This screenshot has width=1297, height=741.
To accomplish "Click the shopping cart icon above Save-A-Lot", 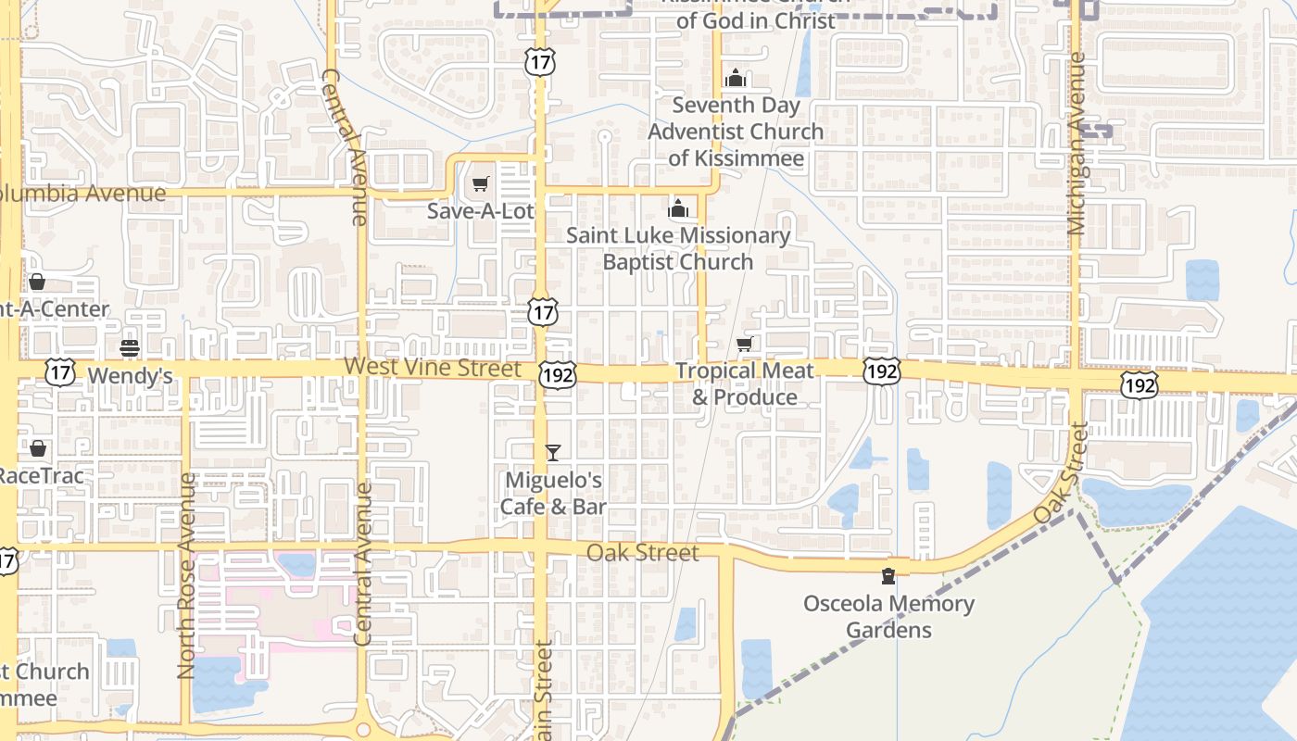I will click(480, 184).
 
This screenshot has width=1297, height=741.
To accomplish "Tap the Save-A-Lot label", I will click(480, 211).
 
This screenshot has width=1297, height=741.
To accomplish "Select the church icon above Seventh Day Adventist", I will click(735, 78).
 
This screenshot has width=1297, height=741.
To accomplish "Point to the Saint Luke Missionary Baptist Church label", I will click(678, 248).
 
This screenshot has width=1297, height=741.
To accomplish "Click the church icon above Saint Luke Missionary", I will click(678, 208).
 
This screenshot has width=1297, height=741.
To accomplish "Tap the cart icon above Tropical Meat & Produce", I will click(744, 345).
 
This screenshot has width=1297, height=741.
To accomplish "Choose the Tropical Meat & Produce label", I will click(745, 383).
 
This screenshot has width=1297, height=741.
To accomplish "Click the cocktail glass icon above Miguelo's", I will click(553, 453).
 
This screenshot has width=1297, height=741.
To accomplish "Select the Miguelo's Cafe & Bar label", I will click(553, 493).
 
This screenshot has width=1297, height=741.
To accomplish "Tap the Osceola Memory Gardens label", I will click(889, 617).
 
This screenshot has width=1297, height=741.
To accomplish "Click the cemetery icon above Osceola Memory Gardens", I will click(888, 576).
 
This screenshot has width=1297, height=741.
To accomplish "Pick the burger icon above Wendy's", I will click(130, 348).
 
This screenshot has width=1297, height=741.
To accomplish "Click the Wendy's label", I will click(130, 376).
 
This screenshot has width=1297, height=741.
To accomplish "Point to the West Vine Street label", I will click(433, 368).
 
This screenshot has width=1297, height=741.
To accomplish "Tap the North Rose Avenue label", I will click(186, 575).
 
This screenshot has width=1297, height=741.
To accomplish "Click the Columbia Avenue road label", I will click(83, 194).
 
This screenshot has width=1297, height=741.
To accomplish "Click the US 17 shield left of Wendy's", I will click(60, 373).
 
